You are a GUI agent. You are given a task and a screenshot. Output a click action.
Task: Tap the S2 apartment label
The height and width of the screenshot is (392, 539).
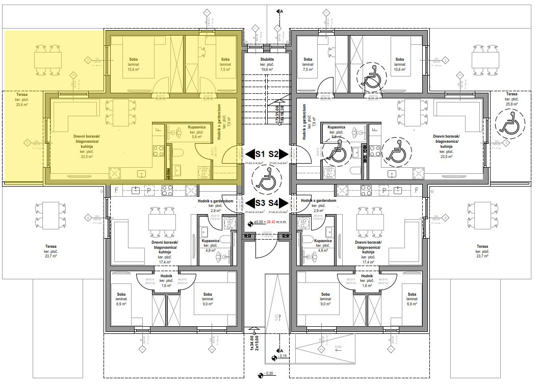(x=274, y=154)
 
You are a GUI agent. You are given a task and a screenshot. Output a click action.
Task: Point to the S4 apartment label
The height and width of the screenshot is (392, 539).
(x=274, y=203)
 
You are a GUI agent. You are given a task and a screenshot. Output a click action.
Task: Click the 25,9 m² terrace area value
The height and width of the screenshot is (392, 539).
(x=512, y=104)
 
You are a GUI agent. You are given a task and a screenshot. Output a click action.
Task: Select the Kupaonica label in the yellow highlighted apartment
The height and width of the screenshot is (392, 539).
(x=196, y=126)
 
